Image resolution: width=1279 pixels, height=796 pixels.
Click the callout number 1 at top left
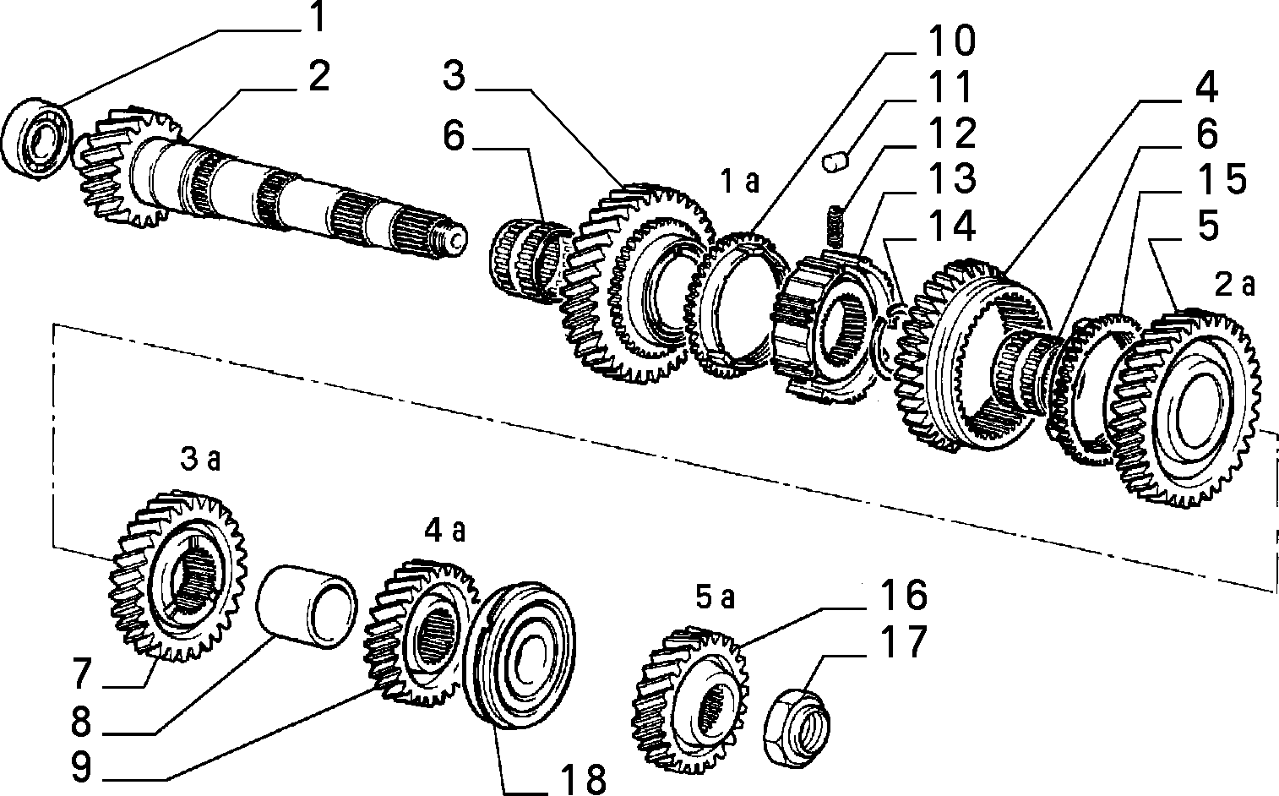(318, 17)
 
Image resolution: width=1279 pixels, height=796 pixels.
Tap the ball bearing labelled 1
(36, 140)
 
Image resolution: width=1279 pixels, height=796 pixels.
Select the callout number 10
(951, 41)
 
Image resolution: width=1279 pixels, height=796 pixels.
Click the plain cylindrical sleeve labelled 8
(306, 607)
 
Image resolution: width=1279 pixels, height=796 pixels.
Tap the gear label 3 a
(200, 461)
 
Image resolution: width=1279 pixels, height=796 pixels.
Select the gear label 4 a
(445, 531)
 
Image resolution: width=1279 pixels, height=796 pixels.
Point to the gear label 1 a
(740, 183)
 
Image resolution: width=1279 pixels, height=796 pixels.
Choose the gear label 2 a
(1234, 285)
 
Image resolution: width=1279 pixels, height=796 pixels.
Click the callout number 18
(582, 778)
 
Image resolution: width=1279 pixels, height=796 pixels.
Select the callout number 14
(951, 225)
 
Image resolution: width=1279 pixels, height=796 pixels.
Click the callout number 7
(81, 673)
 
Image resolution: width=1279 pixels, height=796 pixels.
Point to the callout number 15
(1222, 179)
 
